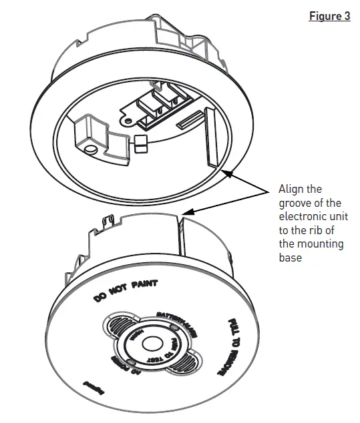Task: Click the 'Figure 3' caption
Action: [x=329, y=16]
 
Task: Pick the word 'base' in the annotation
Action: [x=291, y=257]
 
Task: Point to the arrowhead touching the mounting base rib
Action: [x=228, y=173]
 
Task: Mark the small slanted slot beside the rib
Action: [x=190, y=121]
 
